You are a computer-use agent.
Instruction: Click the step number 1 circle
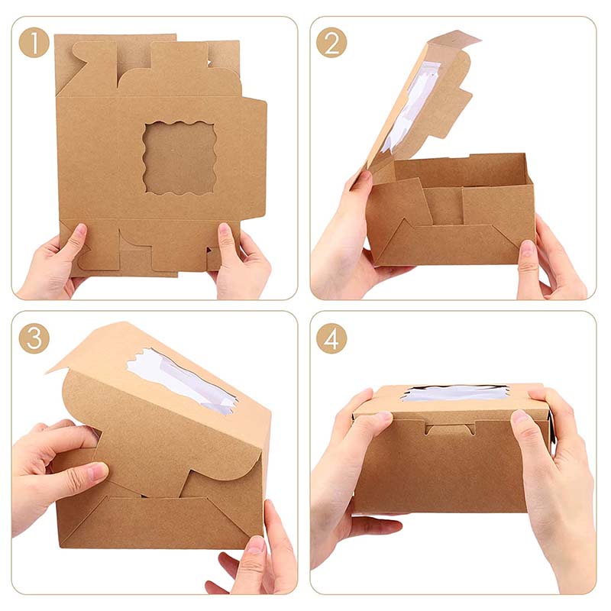(34, 43)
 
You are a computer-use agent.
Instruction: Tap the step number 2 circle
(331, 43)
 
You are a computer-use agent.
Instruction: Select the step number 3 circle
(34, 338)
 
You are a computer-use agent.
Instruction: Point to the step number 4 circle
(331, 338)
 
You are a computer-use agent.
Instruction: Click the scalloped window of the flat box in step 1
(180, 157)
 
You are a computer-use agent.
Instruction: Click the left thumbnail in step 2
(364, 176)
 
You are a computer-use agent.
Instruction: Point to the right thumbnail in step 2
(527, 248)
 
